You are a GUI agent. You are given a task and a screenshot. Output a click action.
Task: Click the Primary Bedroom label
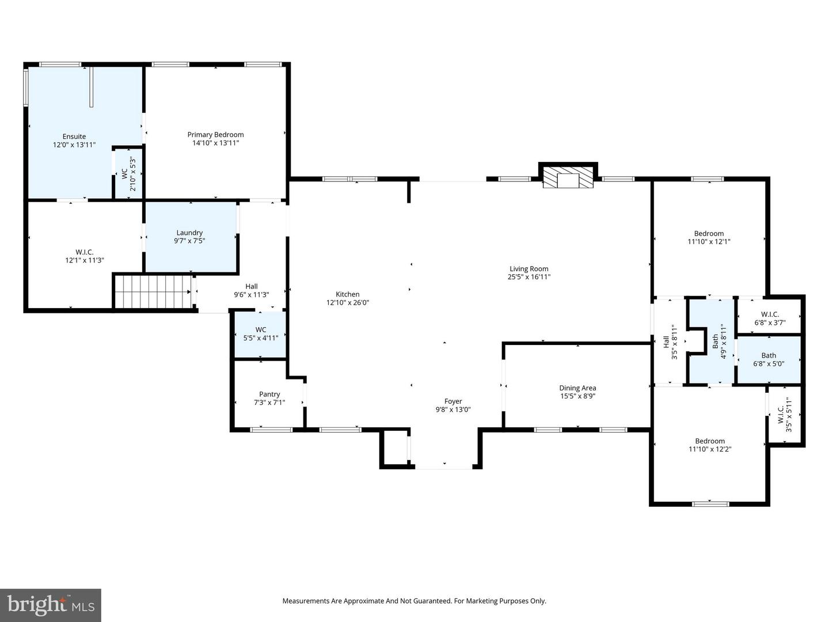tap(215, 135)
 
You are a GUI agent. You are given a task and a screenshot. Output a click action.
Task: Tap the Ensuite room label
tap(74, 136)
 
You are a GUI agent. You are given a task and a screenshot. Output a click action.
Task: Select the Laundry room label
tap(189, 233)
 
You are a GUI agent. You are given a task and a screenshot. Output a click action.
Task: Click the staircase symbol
tap(153, 292)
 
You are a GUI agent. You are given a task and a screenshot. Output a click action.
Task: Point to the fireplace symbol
tap(568, 178)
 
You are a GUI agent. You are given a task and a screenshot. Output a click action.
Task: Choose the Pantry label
tap(269, 395)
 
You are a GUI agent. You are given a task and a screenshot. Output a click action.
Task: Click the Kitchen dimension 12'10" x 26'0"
tap(348, 302)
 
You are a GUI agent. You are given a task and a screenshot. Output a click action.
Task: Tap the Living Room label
tap(528, 268)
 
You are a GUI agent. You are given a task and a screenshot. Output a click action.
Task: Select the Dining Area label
tap(577, 388)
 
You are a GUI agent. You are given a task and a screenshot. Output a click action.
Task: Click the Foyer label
tap(453, 401)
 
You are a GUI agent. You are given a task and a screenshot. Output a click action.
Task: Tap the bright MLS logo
tap(51, 605)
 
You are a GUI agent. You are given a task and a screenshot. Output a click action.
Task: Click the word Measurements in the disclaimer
tap(305, 601)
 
